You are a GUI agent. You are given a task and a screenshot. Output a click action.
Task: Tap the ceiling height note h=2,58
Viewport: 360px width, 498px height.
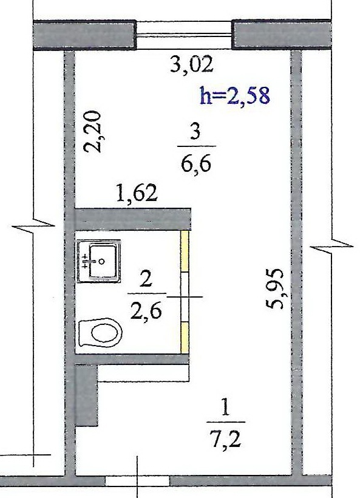pyautogui.click(x=235, y=95)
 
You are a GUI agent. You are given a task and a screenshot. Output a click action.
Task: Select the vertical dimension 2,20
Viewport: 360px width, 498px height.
pyautogui.click(x=92, y=132)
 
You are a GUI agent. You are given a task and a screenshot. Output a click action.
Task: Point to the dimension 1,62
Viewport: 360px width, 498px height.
pyautogui.click(x=137, y=194)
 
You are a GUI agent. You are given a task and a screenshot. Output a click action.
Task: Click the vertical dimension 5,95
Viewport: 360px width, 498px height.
pyautogui.click(x=274, y=288)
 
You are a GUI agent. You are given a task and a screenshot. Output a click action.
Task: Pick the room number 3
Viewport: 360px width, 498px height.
pyautogui.click(x=195, y=132)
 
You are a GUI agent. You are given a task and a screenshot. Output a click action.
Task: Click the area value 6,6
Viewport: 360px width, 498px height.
pyautogui.click(x=196, y=165)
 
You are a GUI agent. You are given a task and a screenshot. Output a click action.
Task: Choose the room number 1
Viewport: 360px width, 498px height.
pyautogui.click(x=225, y=408)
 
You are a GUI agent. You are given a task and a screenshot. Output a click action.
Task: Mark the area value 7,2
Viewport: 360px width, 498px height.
pyautogui.click(x=226, y=439)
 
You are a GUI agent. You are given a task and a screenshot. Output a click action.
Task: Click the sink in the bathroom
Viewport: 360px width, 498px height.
pyautogui.click(x=98, y=261)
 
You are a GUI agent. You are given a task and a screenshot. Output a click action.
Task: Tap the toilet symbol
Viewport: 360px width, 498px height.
pyautogui.click(x=100, y=333)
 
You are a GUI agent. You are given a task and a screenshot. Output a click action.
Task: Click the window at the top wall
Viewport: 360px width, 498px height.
pyautogui.click(x=184, y=35)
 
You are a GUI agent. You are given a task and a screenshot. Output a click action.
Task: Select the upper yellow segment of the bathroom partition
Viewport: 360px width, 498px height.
pyautogui.click(x=185, y=251)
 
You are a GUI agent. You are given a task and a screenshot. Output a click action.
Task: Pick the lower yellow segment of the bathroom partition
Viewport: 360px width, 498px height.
pyautogui.click(x=185, y=337)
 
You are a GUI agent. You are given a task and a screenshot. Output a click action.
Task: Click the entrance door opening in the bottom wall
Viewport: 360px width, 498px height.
pyautogui.click(x=137, y=480)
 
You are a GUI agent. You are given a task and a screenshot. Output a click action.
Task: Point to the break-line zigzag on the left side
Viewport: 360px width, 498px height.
pyautogui.click(x=33, y=225)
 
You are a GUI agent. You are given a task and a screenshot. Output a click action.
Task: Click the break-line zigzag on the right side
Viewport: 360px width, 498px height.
pyautogui.click(x=331, y=246)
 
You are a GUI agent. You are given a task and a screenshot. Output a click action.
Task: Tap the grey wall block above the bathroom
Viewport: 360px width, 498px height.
pyautogui.click(x=133, y=219)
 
